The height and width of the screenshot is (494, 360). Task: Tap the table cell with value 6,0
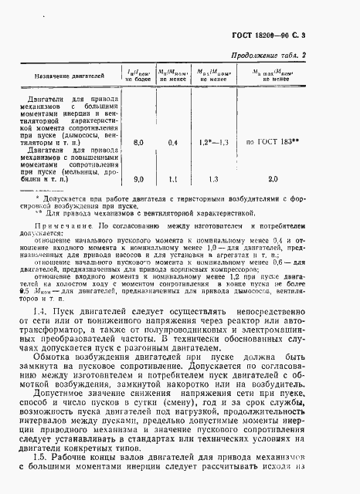coord(139,143)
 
